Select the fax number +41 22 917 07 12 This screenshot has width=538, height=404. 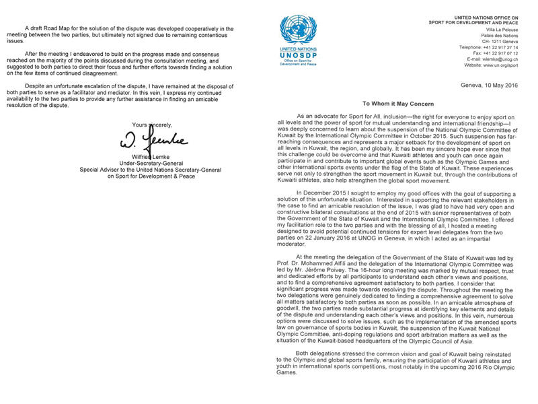505,53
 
